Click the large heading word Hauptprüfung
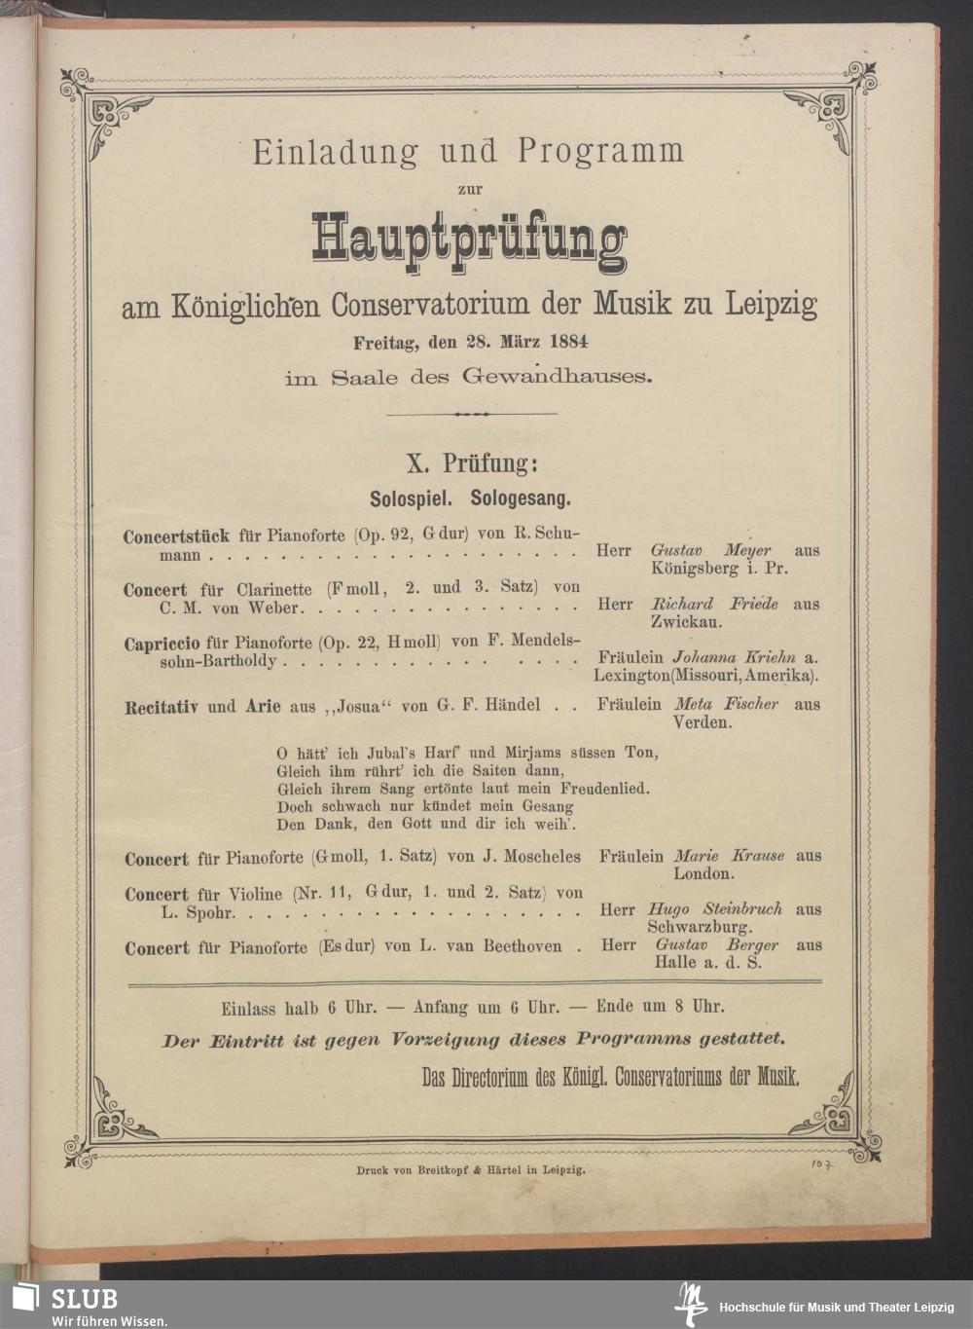tap(469, 238)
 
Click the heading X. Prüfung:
tap(470, 463)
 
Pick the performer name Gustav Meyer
tap(710, 551)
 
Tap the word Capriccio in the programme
tap(163, 644)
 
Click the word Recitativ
tap(162, 706)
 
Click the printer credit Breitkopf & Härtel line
tap(471, 1172)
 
